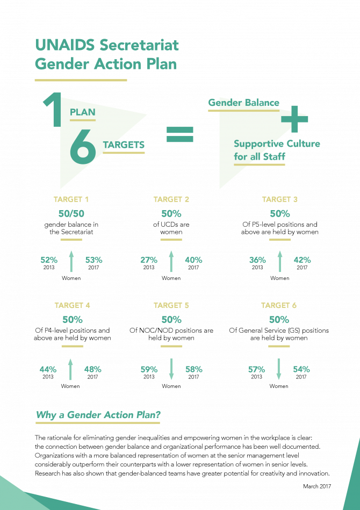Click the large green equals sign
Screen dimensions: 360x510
pyautogui.click(x=179, y=134)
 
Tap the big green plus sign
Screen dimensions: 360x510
pyautogui.click(x=294, y=119)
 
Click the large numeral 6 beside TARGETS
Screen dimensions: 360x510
pyautogui.click(x=83, y=146)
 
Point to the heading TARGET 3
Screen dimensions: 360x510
pyautogui.click(x=280, y=199)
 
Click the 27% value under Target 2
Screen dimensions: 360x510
pyautogui.click(x=149, y=260)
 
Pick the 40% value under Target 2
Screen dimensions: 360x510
pyautogui.click(x=193, y=260)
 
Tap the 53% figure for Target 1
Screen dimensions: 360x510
pyautogui.click(x=94, y=260)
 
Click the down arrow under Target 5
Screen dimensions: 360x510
pyautogui.click(x=171, y=369)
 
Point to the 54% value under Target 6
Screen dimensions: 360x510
pyautogui.click(x=301, y=370)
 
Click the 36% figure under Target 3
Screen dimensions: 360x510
pyautogui.click(x=257, y=260)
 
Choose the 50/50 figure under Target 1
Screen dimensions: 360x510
pyautogui.click(x=71, y=214)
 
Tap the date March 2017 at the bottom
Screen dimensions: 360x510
pyautogui.click(x=317, y=486)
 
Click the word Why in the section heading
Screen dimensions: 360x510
pyautogui.click(x=45, y=415)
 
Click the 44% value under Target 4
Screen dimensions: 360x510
pyautogui.click(x=48, y=370)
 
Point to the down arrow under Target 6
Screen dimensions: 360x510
pyautogui.click(x=279, y=369)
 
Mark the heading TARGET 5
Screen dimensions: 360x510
pyautogui.click(x=171, y=305)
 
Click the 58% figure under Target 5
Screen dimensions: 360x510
pyautogui.click(x=194, y=370)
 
